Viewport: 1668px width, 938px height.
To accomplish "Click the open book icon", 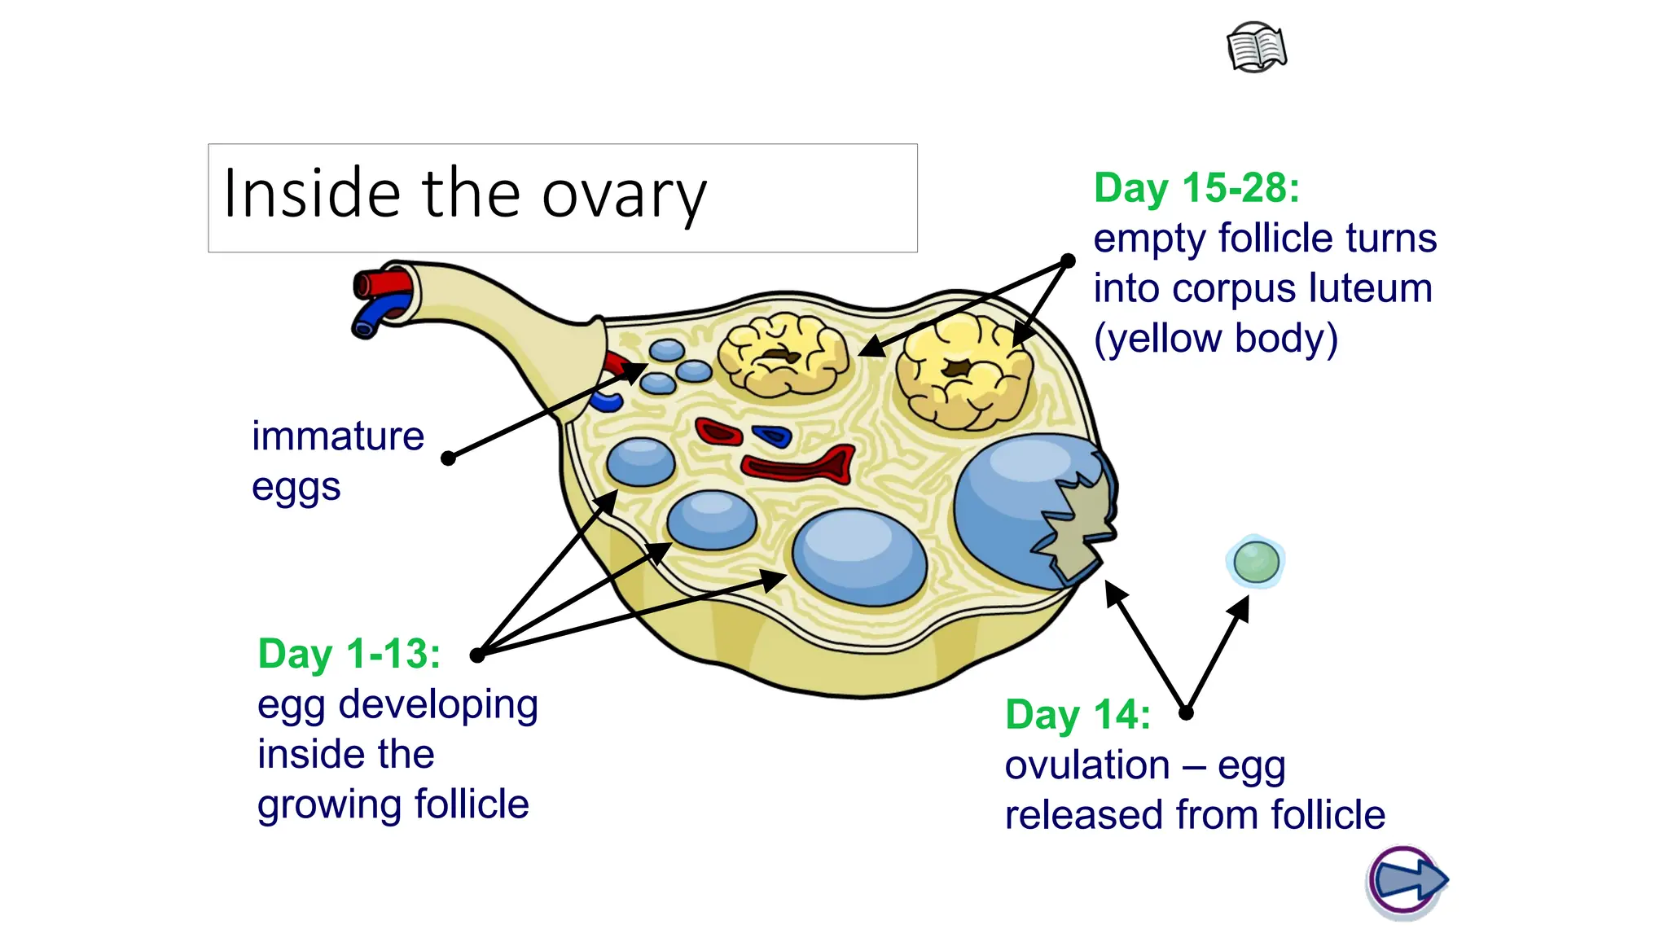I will tap(1257, 48).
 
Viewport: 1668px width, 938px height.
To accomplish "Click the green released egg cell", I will tap(1256, 562).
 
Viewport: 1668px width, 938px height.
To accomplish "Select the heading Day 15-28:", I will tap(1196, 188).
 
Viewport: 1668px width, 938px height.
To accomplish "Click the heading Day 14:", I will tap(1077, 715).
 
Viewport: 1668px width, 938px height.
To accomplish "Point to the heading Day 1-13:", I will tap(349, 654).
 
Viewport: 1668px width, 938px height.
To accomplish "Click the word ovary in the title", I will tap(624, 195).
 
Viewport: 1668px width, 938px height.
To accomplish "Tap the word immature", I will tap(338, 436).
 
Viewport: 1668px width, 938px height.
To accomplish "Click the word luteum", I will tap(1370, 288).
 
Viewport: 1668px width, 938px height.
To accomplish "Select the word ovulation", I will tap(1086, 765).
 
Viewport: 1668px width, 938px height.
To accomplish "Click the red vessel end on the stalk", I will tap(378, 285).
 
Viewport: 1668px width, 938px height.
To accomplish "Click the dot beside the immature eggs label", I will tap(448, 458).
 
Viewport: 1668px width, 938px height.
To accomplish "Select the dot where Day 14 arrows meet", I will tap(1186, 713).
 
